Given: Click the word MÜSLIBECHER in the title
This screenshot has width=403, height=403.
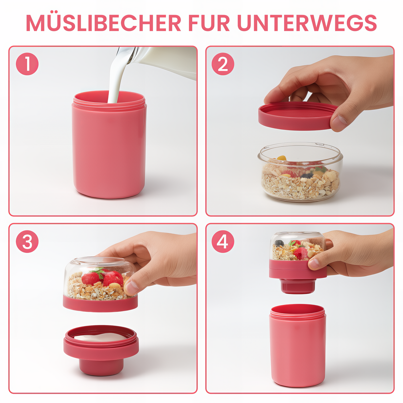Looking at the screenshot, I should pos(103,23).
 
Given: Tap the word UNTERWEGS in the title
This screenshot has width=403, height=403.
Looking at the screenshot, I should pos(307,23).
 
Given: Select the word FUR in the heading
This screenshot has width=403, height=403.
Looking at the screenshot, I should pos(209,23).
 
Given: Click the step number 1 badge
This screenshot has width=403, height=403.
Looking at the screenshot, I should pos(27,64).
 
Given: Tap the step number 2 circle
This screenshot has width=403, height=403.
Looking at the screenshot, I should pos(223,64).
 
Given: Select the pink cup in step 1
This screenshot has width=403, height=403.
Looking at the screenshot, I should pos(109,149).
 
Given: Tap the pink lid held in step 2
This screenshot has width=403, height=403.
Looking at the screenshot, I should pos(295,116).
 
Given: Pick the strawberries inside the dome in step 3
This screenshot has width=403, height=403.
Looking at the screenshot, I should pos(103,278).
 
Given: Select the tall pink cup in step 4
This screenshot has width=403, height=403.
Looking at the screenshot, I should pos(297,347).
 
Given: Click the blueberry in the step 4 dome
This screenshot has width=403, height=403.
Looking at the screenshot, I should pos(280,243).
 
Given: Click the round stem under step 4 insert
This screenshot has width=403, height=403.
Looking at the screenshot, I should pos(297,286).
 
